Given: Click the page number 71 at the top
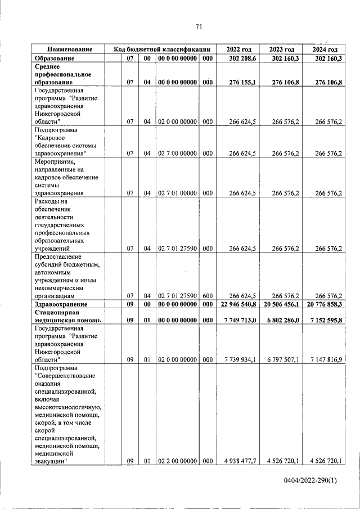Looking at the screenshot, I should point(199,26).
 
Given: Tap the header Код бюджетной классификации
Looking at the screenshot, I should point(162,49).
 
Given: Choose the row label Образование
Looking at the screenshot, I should point(55,58).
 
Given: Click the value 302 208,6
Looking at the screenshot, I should point(241,58).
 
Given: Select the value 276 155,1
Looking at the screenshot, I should point(241,82).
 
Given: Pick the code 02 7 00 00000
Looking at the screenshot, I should point(177,153).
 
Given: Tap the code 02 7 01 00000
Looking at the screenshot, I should point(177,193).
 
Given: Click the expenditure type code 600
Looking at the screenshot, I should point(208,295).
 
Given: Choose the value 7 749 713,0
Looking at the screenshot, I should point(240,320).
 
